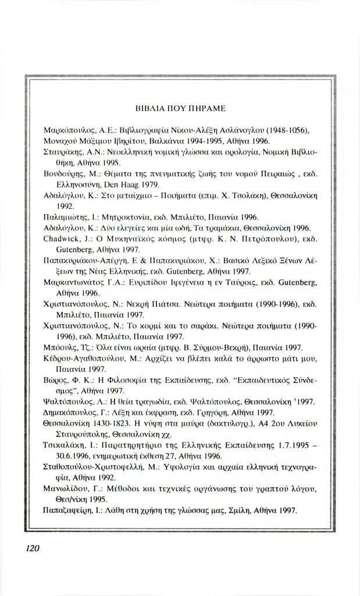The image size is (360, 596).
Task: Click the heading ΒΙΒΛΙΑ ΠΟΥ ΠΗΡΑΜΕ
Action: tap(180, 108)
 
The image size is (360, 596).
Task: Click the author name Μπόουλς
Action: tap(59, 347)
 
